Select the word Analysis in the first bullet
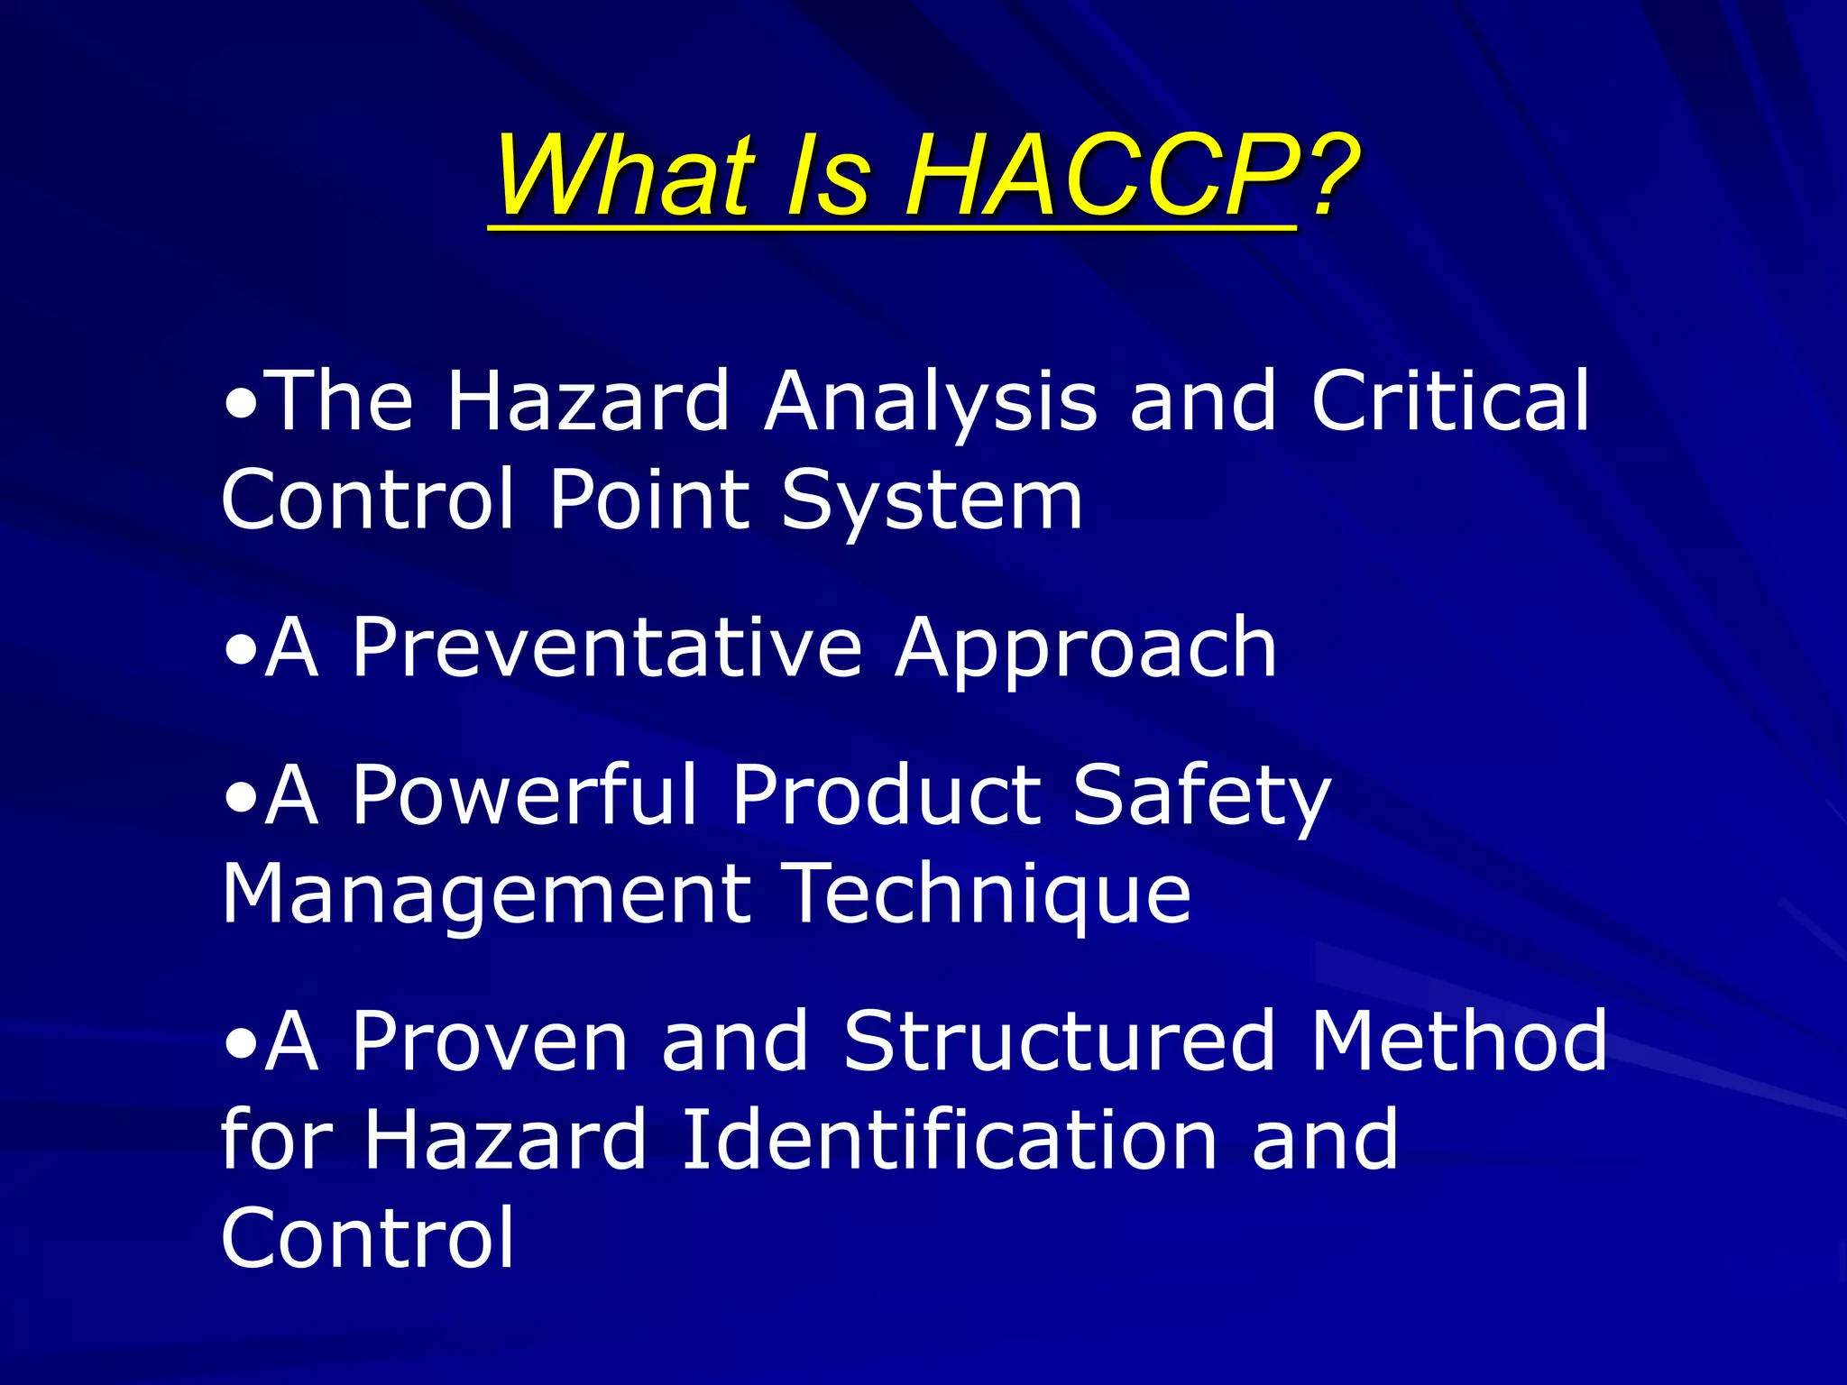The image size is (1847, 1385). [x=930, y=401]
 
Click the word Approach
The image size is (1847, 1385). [x=1086, y=649]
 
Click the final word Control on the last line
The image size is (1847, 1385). [x=367, y=1238]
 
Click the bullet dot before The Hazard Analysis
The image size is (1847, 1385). [x=241, y=403]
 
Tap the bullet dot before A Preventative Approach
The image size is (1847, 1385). [x=241, y=649]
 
